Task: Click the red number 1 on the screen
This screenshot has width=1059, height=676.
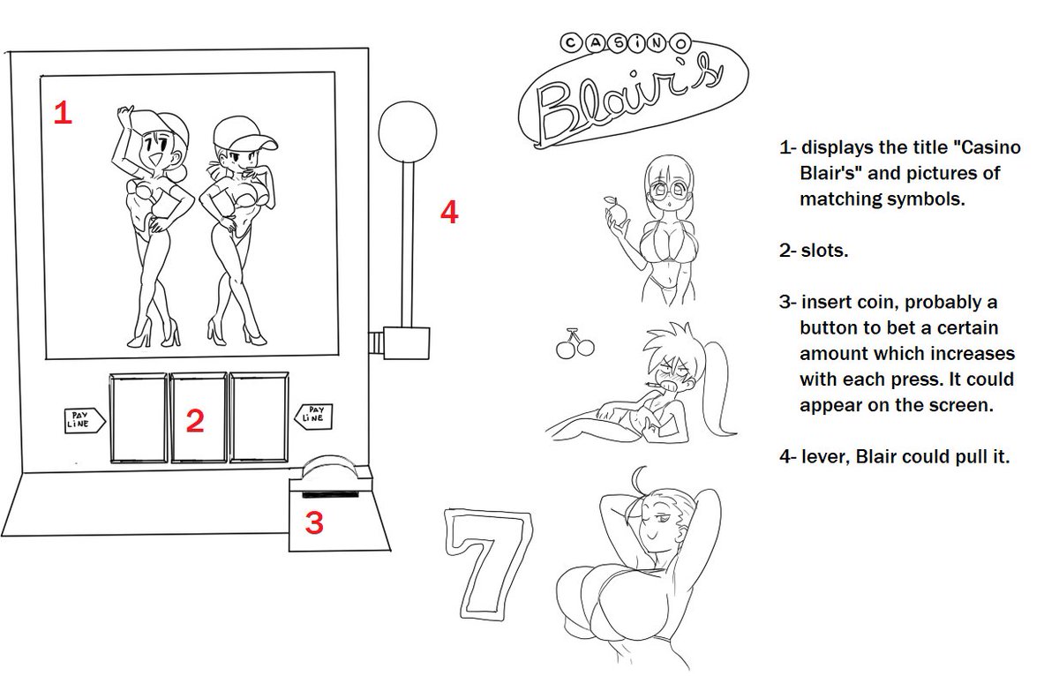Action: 63,113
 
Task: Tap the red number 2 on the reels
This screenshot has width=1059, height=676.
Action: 195,420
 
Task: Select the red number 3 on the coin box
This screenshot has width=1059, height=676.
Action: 314,522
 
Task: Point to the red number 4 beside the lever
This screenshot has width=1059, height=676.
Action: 449,212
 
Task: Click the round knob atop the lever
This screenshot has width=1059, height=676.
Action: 407,131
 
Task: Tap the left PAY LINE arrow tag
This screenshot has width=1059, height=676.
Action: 85,420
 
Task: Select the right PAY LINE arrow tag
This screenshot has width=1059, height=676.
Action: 313,417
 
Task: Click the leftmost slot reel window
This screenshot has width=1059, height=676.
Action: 139,418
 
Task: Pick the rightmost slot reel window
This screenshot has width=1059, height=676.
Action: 259,417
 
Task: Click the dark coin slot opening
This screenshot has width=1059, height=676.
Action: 330,494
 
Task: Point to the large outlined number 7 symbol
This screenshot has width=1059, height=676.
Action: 488,565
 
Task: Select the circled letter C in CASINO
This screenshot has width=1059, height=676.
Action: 571,43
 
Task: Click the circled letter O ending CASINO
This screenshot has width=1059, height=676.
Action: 680,44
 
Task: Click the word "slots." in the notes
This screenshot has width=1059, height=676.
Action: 824,251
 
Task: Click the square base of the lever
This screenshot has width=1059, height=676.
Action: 406,342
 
